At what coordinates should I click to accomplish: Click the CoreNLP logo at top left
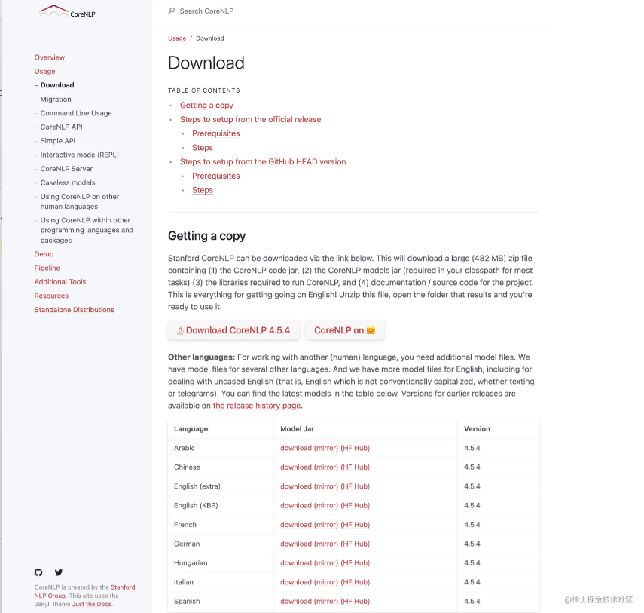[68, 11]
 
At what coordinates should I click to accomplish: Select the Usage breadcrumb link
[177, 38]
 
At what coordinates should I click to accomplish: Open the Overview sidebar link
[50, 57]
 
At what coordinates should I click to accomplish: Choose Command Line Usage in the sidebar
[76, 113]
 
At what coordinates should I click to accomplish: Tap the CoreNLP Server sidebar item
[66, 169]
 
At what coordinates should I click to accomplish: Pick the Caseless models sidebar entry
[68, 182]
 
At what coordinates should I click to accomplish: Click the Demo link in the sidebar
[44, 254]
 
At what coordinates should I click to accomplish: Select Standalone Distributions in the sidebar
[75, 310]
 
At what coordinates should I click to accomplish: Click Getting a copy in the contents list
[206, 106]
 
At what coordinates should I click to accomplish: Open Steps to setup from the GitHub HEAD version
[263, 161]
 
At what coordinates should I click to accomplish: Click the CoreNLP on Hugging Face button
[344, 330]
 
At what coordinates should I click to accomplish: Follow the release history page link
[257, 406]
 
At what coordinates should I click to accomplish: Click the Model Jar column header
[298, 429]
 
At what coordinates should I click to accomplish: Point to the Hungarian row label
[191, 563]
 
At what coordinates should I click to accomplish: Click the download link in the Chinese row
[296, 467]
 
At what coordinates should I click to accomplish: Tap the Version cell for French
[472, 525]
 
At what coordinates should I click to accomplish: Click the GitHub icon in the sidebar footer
[38, 572]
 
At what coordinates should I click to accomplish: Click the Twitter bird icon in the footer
[59, 572]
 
